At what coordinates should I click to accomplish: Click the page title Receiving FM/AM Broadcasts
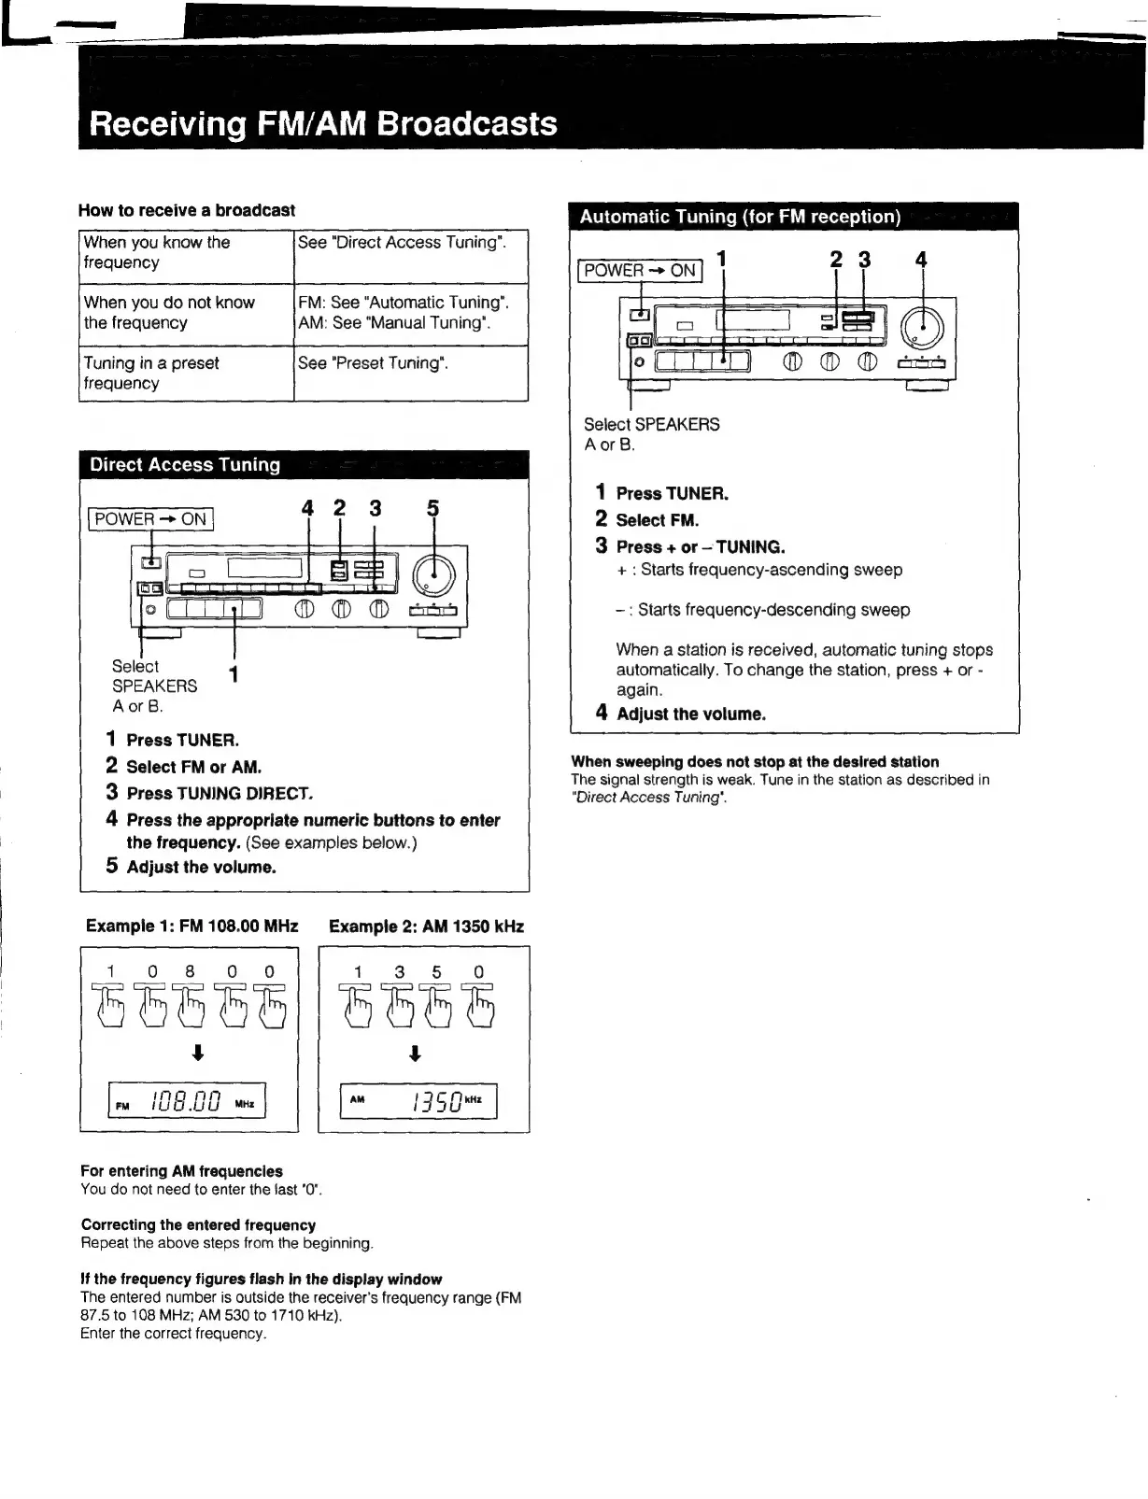click(323, 124)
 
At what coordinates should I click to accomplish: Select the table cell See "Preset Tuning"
click(373, 363)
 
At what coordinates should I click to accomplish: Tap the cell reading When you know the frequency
click(157, 252)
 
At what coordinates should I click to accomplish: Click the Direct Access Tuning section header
click(185, 465)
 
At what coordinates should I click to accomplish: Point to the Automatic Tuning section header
click(740, 217)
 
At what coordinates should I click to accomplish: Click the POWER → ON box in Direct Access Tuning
click(150, 519)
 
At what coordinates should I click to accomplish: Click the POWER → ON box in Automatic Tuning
click(640, 271)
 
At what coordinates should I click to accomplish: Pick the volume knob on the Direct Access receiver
click(432, 576)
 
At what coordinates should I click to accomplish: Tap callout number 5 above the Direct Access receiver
click(432, 509)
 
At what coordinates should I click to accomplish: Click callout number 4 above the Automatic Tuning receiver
click(921, 260)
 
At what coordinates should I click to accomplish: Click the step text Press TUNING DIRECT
click(220, 794)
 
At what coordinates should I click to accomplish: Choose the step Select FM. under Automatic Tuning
click(657, 520)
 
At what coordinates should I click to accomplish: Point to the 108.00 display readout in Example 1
click(187, 1101)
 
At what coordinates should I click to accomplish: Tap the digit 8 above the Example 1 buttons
click(190, 971)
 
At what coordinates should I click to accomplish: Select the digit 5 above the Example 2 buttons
click(436, 972)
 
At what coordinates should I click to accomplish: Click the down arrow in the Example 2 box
click(416, 1054)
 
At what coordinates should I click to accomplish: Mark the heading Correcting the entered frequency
click(198, 1225)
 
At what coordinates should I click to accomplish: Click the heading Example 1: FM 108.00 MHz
click(191, 926)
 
